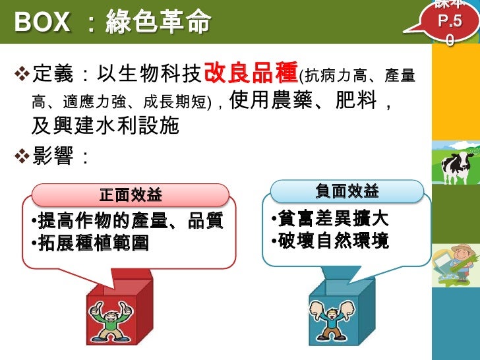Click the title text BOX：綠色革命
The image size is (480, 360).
pyautogui.click(x=112, y=24)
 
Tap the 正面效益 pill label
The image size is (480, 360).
pyautogui.click(x=130, y=195)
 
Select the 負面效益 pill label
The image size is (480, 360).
pyautogui.click(x=347, y=191)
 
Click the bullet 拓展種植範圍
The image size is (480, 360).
pyautogui.click(x=93, y=243)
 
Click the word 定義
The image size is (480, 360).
pyautogui.click(x=52, y=75)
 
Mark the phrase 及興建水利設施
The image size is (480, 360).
pyautogui.click(x=105, y=125)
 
